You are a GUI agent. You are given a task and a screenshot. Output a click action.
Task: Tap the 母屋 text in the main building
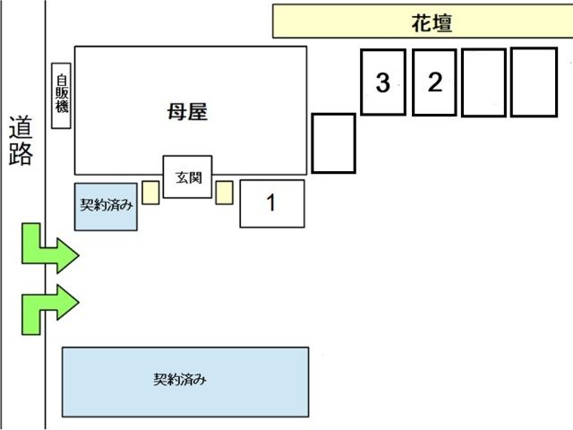188,111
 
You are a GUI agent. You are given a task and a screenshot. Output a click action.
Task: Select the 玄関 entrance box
187,176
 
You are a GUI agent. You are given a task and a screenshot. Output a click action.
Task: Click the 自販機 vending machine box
61,96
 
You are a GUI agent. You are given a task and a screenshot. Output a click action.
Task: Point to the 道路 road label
21,142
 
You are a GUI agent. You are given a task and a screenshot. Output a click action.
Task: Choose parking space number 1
272,203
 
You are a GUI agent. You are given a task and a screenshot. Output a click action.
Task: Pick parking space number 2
435,82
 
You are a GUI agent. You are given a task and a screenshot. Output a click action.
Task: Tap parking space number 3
383,82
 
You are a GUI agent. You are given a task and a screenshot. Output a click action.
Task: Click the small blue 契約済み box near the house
106,206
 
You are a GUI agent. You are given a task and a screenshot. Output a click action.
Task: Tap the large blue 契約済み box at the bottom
184,382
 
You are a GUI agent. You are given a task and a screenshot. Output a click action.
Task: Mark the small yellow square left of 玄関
150,192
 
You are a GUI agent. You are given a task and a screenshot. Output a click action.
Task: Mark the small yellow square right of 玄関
224,192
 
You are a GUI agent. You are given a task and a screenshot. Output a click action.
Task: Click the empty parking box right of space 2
484,82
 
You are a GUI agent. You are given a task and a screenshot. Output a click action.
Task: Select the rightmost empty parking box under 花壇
534,82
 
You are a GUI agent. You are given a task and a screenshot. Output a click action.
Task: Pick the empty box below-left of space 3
334,142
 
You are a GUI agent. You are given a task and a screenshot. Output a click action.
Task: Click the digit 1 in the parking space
272,203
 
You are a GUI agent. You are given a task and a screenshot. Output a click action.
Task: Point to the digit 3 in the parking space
383,84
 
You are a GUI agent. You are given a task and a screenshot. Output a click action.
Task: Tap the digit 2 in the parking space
435,83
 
